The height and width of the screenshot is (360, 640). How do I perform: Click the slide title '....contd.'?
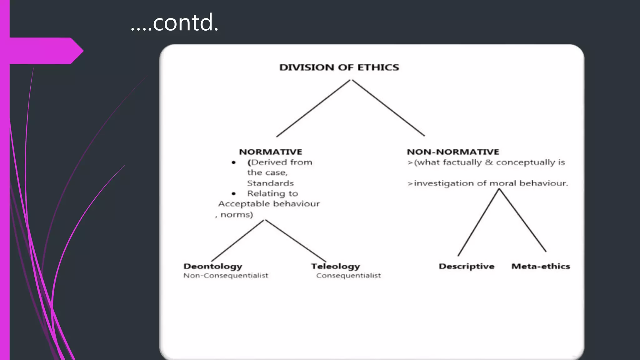[174, 22]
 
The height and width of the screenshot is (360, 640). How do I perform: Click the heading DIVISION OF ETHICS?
[339, 67]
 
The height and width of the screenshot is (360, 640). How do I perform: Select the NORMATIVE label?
[271, 152]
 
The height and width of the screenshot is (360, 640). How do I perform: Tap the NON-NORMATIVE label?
[453, 152]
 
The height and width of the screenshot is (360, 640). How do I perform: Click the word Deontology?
[213, 266]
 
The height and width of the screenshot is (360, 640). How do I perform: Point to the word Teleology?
[335, 266]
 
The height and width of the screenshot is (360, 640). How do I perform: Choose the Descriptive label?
[466, 266]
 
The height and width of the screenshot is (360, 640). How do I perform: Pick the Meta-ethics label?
[541, 266]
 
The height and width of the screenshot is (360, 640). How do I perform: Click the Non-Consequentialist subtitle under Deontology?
[226, 276]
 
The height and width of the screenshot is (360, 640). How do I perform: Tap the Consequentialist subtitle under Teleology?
[348, 276]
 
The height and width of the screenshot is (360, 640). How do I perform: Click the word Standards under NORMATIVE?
[270, 183]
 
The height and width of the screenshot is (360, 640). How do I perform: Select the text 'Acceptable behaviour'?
[269, 204]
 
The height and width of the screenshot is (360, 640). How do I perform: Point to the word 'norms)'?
[237, 215]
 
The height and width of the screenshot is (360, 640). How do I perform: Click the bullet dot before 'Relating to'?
[233, 194]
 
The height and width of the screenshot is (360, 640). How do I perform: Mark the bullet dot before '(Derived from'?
[233, 162]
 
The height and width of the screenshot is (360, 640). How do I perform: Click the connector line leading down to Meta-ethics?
[522, 220]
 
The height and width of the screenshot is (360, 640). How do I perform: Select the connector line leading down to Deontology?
[237, 241]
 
